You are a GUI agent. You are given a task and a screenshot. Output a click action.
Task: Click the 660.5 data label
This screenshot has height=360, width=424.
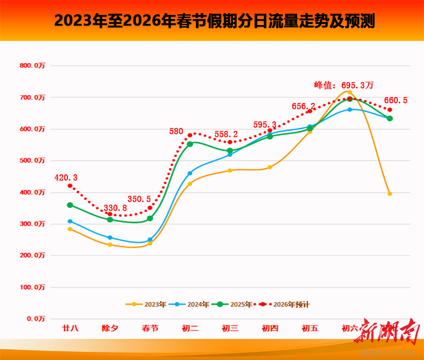click(x=395, y=101)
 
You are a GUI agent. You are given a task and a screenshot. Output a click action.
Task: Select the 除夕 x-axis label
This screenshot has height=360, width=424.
click(x=110, y=328)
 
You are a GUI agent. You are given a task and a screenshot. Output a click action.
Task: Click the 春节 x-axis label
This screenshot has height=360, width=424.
click(x=150, y=328)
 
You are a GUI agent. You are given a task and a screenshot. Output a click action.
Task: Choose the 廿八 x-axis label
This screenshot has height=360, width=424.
click(x=70, y=328)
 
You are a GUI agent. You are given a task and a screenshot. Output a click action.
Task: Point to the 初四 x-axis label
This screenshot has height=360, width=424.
click(x=270, y=328)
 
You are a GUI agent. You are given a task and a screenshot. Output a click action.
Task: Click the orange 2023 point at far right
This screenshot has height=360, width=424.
click(x=389, y=194)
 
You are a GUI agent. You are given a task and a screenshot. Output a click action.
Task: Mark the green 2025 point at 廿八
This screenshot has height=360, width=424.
click(x=70, y=205)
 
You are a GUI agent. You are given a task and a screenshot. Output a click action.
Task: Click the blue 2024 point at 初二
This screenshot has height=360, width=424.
click(x=190, y=174)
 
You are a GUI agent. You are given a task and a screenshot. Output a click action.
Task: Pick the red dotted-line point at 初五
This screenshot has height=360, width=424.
click(x=310, y=111)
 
